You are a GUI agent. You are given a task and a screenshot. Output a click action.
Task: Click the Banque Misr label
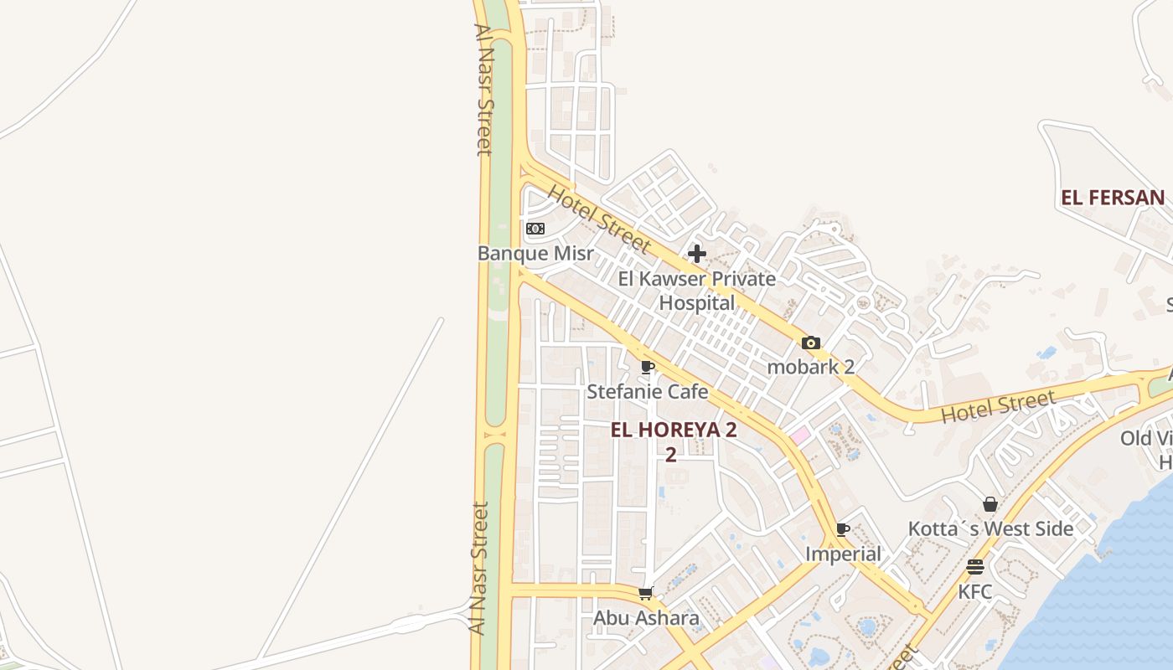pyautogui.click(x=535, y=253)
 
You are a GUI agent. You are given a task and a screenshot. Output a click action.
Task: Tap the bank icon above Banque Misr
pyautogui.click(x=535, y=229)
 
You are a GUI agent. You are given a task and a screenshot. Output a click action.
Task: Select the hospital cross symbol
pyautogui.click(x=696, y=254)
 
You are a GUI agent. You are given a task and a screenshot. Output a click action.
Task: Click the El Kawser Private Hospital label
pyautogui.click(x=696, y=290)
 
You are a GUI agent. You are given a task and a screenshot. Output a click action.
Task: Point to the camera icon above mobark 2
pyautogui.click(x=810, y=343)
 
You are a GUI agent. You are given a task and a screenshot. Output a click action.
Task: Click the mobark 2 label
pyautogui.click(x=810, y=367)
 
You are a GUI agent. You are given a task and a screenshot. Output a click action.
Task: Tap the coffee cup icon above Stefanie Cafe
pyautogui.click(x=647, y=367)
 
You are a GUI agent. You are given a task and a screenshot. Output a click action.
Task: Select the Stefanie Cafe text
pyautogui.click(x=647, y=391)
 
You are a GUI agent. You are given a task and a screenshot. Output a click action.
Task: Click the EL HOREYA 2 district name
pyautogui.click(x=673, y=430)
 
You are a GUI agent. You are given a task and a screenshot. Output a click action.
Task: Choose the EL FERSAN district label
pyautogui.click(x=1112, y=198)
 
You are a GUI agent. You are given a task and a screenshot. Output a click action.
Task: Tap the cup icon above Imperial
pyautogui.click(x=843, y=529)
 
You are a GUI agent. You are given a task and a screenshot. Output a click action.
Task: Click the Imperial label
pyautogui.click(x=843, y=554)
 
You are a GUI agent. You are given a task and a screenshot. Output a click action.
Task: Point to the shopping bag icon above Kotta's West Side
pyautogui.click(x=990, y=504)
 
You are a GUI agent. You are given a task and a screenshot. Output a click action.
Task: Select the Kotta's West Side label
pyautogui.click(x=990, y=528)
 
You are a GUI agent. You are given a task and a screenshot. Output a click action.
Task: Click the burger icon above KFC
pyautogui.click(x=974, y=567)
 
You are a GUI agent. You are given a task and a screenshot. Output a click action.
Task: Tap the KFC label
pyautogui.click(x=974, y=592)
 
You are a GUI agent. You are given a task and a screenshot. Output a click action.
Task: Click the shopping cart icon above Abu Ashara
pyautogui.click(x=646, y=594)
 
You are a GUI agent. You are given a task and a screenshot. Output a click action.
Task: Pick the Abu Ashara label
pyautogui.click(x=646, y=618)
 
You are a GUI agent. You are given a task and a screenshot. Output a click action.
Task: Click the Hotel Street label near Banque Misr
pyautogui.click(x=598, y=219)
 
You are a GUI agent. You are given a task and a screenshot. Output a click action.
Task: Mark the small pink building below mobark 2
pyautogui.click(x=800, y=435)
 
